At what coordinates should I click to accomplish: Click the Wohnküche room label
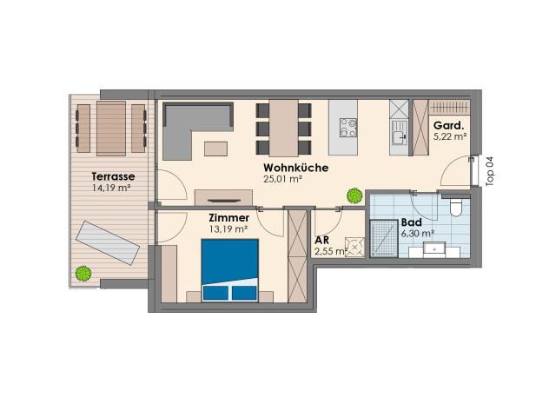point(295,168)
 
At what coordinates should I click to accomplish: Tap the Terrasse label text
point(113,176)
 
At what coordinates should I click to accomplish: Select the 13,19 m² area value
point(228,229)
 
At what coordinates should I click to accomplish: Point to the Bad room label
point(411,222)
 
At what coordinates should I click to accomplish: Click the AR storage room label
point(321,240)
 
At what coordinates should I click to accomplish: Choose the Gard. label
point(448,125)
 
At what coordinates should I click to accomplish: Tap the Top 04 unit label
point(490,171)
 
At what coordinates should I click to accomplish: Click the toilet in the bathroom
point(455,207)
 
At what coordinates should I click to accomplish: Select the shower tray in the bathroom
point(384,238)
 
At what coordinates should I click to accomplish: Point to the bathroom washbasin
point(434,249)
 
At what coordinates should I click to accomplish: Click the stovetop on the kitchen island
point(348,128)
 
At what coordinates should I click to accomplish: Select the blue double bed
point(229,270)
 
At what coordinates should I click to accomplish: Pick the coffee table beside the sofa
point(216,149)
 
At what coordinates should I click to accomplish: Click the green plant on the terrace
point(83,274)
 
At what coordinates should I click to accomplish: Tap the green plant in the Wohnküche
point(354,195)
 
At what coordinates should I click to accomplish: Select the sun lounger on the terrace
point(108,243)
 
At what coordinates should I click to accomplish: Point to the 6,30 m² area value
point(418,234)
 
